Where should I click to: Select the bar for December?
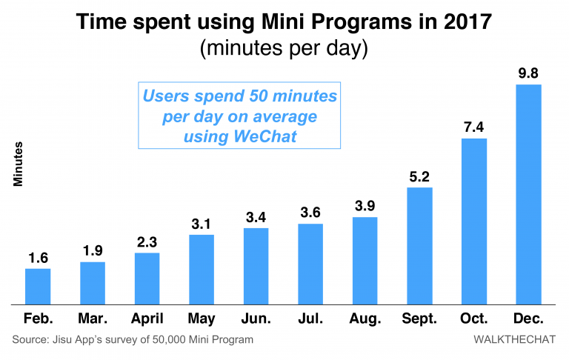(529, 194)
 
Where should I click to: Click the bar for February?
(39, 286)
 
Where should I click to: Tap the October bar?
(474, 221)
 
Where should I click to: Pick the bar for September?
(419, 245)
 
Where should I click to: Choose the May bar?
(202, 269)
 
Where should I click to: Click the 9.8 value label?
(529, 73)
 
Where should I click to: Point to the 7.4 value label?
(474, 127)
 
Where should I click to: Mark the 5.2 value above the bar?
(419, 176)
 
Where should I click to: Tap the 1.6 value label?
(39, 257)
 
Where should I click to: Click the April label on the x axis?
(147, 319)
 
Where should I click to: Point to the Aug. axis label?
(365, 319)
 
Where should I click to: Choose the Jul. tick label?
(311, 319)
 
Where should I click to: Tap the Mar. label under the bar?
(93, 319)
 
